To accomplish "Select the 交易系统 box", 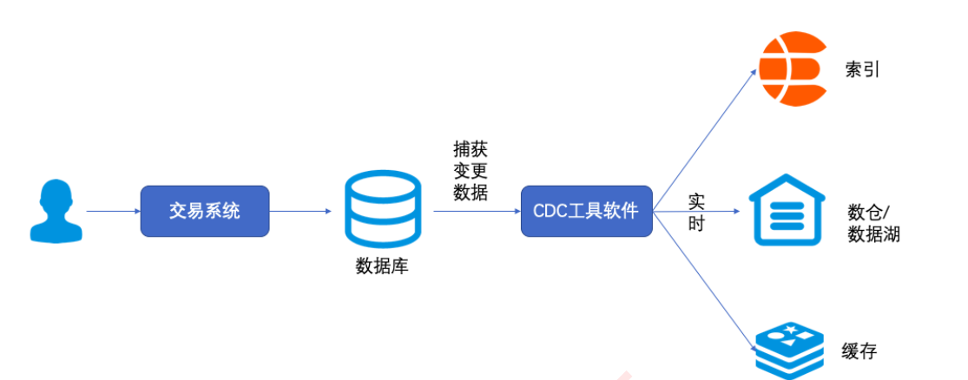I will point(205,210).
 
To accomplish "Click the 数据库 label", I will point(382,266).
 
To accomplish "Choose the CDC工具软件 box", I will point(586,211).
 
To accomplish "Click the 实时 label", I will point(696,213).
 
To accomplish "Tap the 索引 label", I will point(862,69).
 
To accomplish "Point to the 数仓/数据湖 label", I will point(873,222).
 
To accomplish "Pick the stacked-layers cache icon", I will point(788,350).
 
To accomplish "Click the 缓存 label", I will point(859,351).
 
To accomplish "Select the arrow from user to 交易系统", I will point(113,211).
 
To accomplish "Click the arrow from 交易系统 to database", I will point(300,211).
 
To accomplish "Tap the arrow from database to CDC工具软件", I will point(476,211).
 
